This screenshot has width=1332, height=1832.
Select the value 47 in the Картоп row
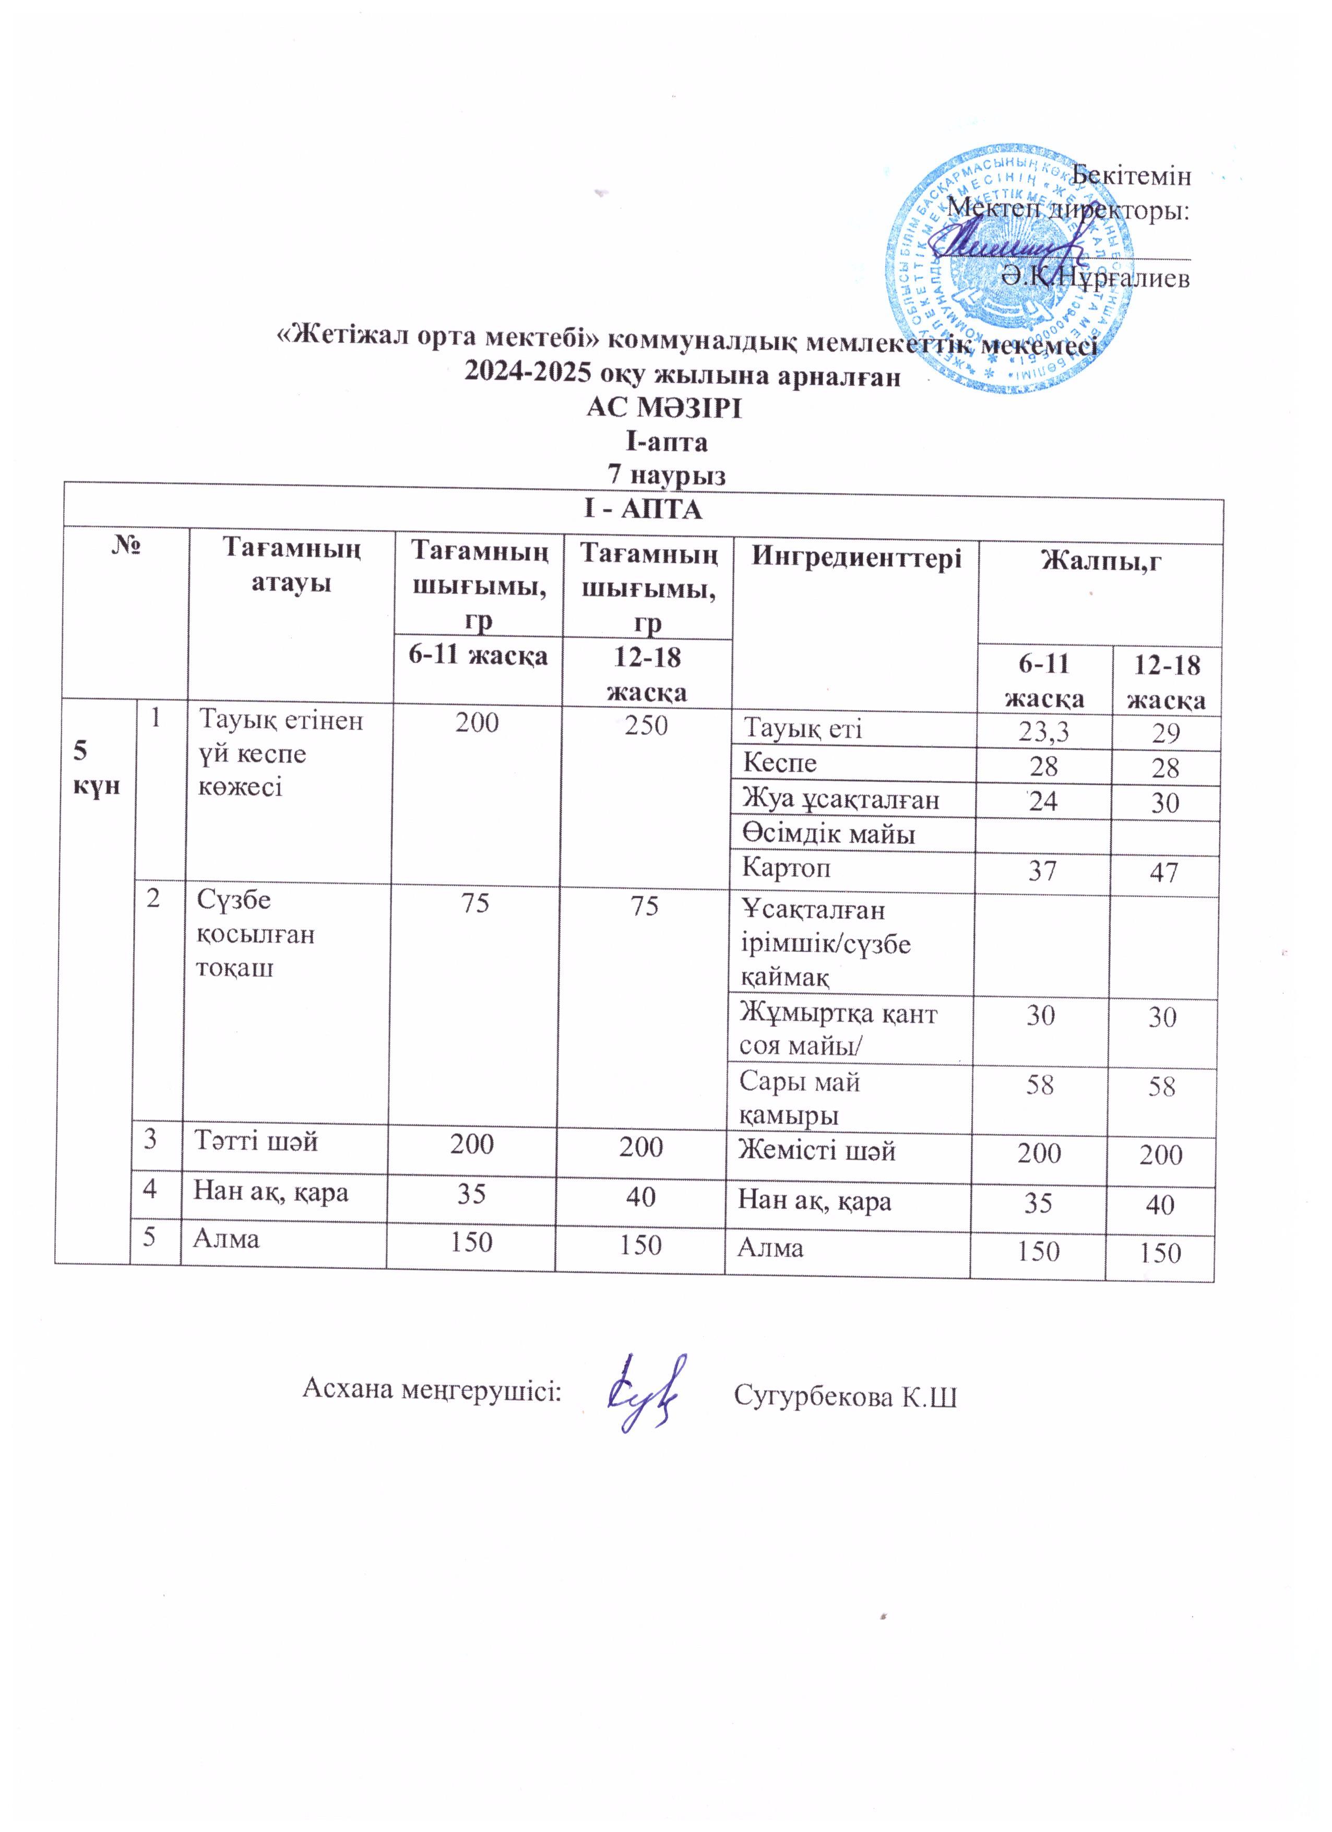(1163, 872)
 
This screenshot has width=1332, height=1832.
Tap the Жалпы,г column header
(1101, 559)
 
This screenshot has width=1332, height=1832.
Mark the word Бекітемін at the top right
(1131, 175)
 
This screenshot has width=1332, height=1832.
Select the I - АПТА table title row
(643, 510)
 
